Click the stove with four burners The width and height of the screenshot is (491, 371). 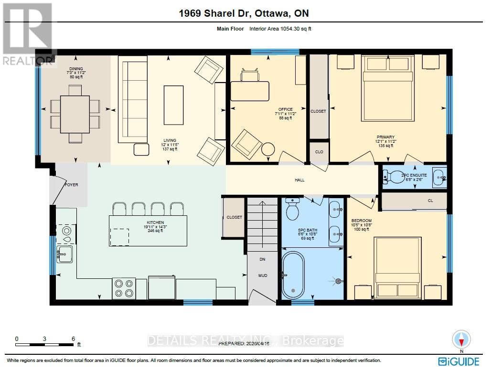pos(124,288)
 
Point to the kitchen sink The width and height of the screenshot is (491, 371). pos(65,254)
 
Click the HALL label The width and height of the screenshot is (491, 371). pos(299,180)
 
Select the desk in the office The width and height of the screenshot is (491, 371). pos(250,91)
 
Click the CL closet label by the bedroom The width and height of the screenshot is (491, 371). pos(430,201)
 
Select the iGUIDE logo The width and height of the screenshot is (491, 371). pos(460,360)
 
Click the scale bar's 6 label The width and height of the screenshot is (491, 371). pos(73,338)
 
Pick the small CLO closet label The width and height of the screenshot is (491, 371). pos(319,152)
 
